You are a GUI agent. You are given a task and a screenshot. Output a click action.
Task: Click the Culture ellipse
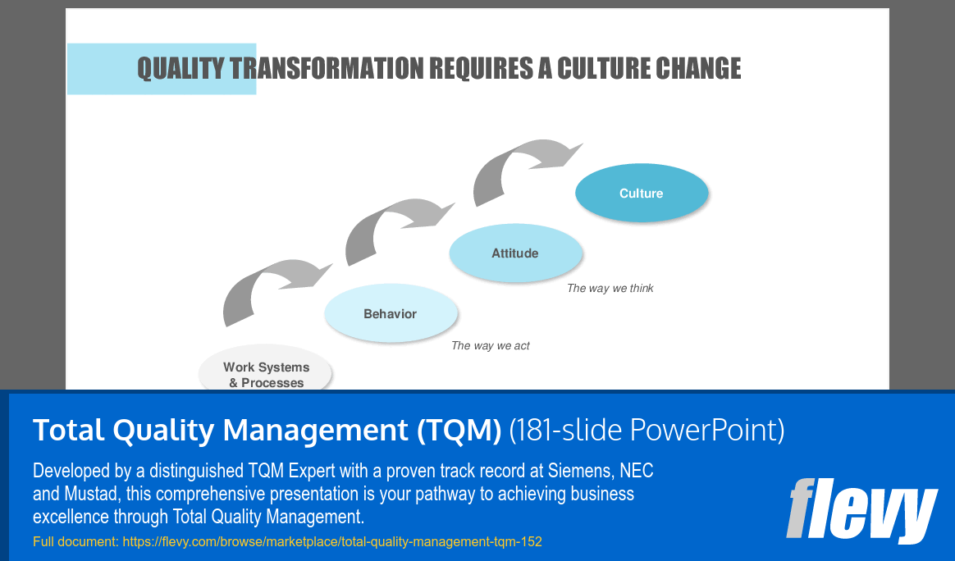[x=642, y=193]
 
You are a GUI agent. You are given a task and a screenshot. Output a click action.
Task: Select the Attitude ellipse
[x=516, y=253]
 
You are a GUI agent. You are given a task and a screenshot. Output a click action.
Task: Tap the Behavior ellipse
[x=391, y=313]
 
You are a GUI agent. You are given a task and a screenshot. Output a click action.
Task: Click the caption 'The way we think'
[x=610, y=288]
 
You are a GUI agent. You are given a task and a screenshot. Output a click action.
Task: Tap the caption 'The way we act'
[x=491, y=346]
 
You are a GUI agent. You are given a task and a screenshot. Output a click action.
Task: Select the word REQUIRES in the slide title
[x=481, y=68]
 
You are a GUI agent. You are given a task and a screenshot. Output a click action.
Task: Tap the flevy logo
[x=861, y=510]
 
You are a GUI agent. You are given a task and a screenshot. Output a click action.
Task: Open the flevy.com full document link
[x=332, y=541]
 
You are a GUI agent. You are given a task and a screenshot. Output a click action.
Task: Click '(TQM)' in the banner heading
[x=459, y=430]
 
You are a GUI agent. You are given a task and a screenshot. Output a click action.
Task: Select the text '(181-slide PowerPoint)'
[x=647, y=430]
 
